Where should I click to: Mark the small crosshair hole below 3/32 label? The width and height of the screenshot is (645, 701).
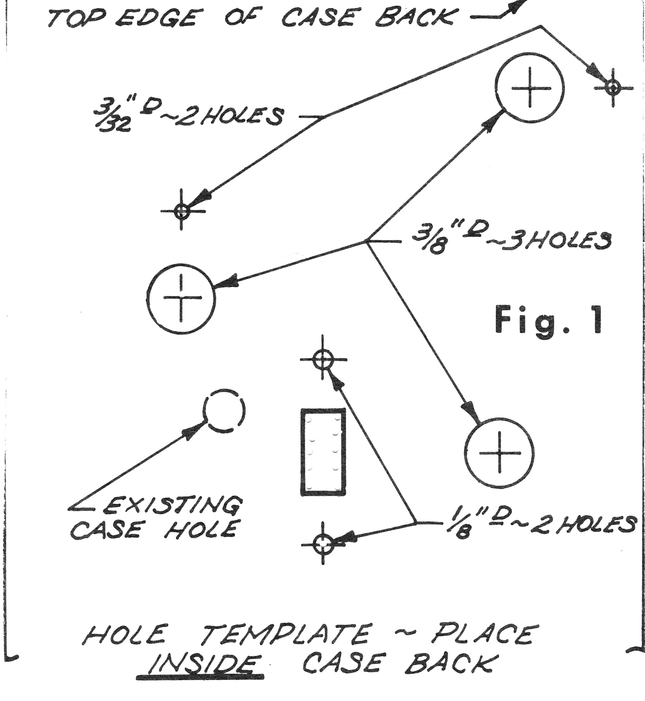pos(181,211)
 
